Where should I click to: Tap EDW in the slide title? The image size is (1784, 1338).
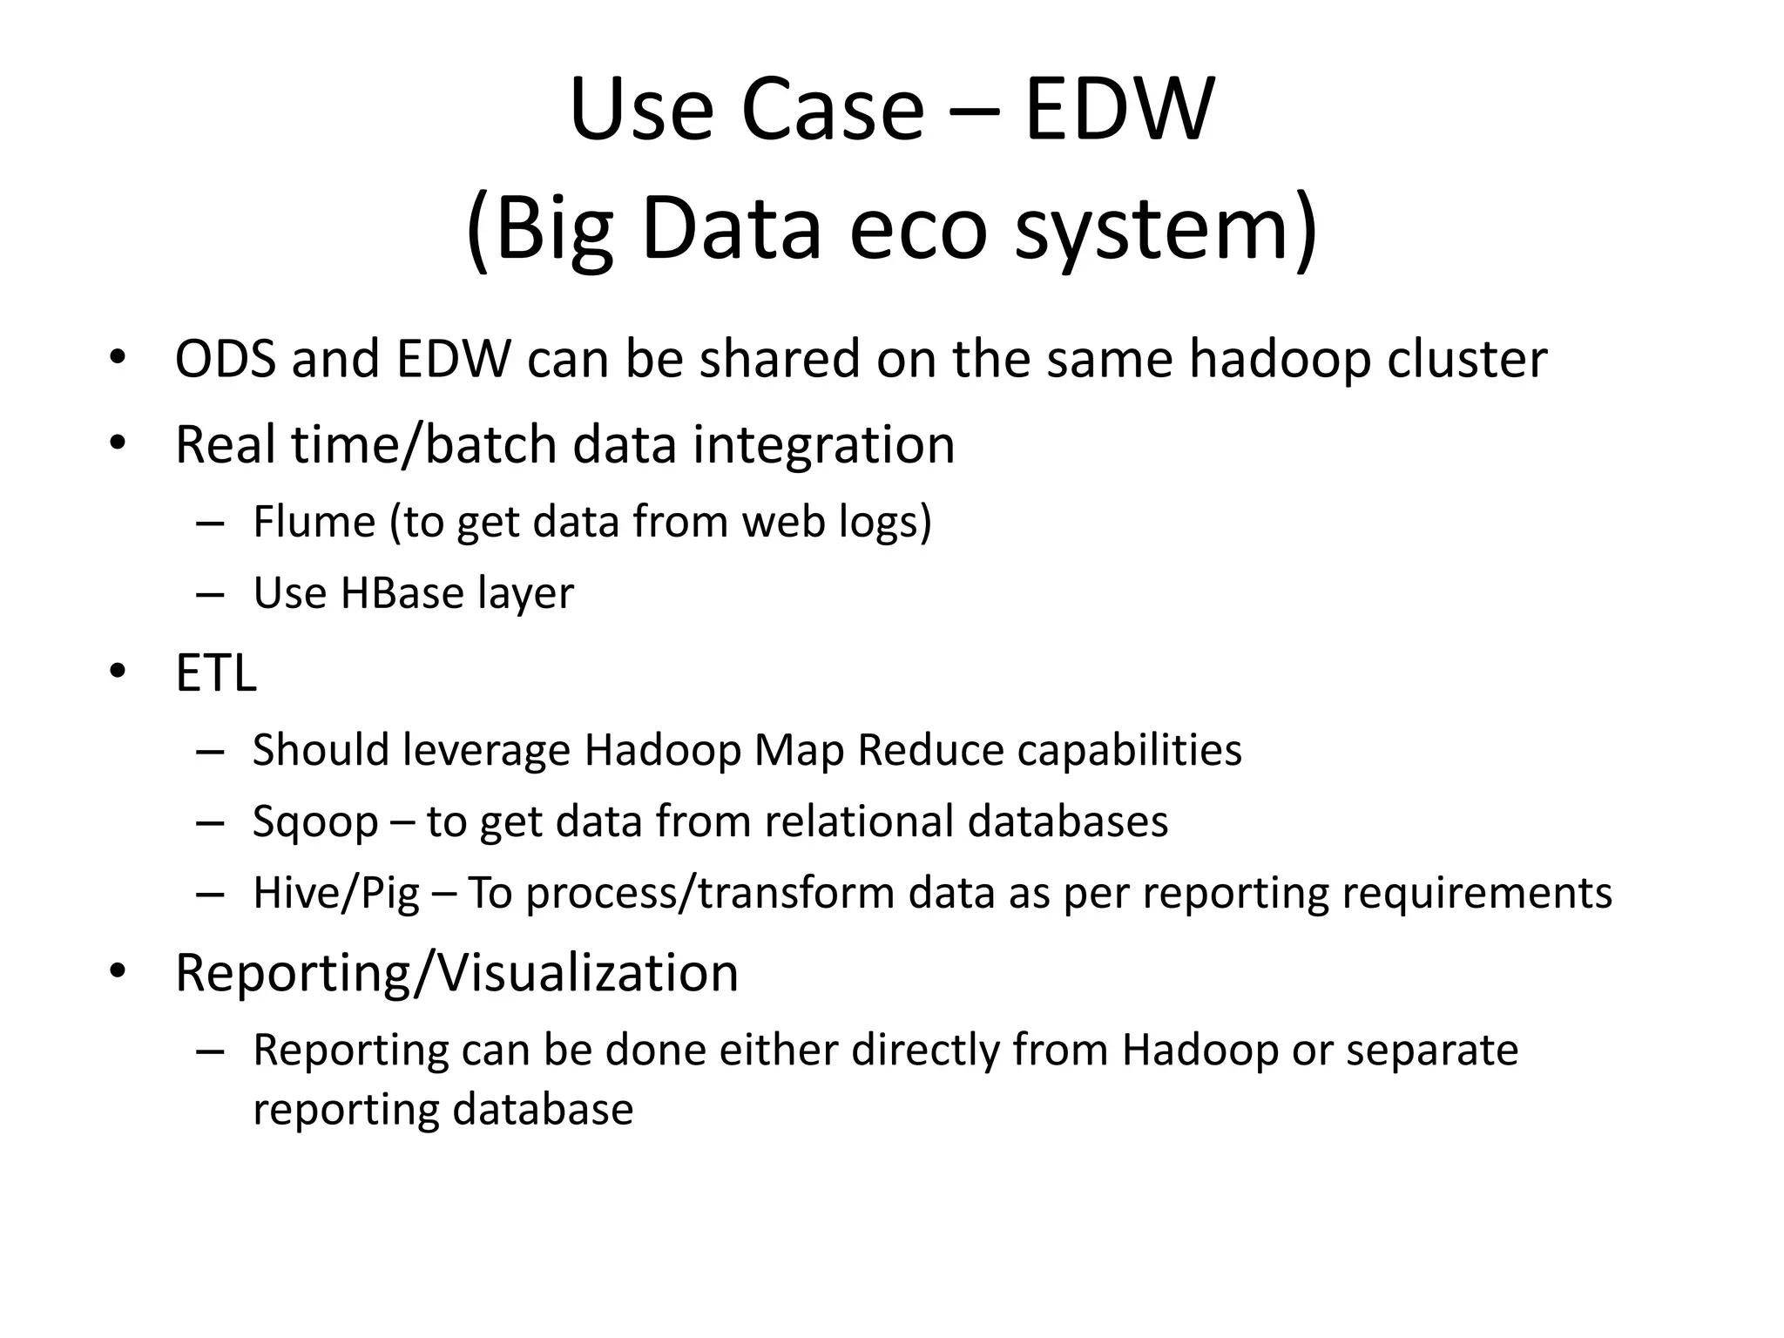pos(1118,111)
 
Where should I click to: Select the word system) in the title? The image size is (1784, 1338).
pos(1166,229)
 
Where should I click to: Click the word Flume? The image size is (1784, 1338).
pos(314,522)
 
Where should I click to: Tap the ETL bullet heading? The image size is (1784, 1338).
pos(216,673)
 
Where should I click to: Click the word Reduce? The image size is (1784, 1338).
pos(930,750)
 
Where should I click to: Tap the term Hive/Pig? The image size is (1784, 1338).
pos(335,894)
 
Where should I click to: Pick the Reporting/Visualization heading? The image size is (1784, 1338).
pos(456,972)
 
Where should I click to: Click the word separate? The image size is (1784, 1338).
pos(1432,1050)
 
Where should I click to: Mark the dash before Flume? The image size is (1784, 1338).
pos(211,524)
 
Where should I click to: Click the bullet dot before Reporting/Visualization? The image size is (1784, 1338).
pos(118,970)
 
